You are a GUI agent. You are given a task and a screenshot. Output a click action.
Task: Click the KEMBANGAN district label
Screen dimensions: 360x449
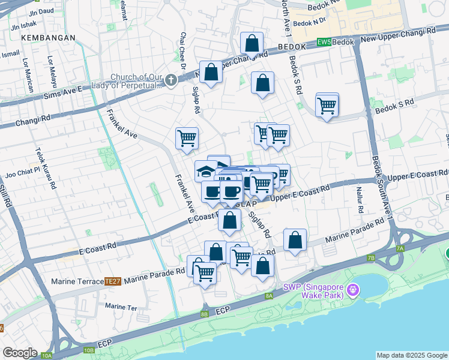tap(48, 37)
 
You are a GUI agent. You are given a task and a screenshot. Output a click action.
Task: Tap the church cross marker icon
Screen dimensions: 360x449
tap(171, 80)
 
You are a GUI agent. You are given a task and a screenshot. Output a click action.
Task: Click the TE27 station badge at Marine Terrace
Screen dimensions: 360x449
tap(113, 281)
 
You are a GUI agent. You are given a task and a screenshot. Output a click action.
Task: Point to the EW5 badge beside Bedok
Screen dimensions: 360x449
tap(324, 43)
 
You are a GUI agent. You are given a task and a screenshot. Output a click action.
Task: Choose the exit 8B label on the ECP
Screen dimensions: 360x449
tap(204, 314)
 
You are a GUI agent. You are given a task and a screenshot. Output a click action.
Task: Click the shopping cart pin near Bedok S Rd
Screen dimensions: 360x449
tap(327, 106)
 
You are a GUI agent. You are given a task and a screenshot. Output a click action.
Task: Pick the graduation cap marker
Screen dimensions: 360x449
tap(206, 171)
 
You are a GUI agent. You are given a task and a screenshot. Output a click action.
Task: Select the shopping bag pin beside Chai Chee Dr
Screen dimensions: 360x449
tap(211, 73)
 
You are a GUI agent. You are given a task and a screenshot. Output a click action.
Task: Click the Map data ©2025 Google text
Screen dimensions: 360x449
tap(411, 355)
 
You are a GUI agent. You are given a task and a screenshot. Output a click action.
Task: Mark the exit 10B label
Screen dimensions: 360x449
tap(89, 349)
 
